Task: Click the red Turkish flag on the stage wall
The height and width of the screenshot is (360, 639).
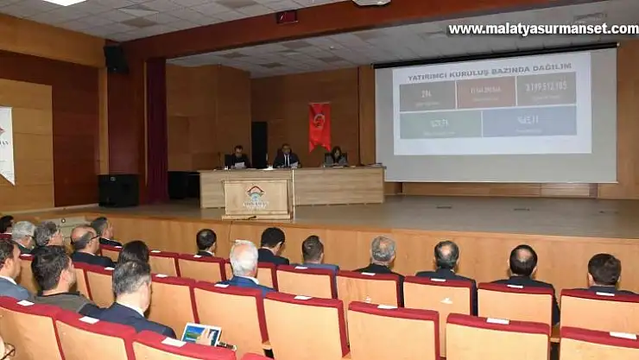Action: [319, 126]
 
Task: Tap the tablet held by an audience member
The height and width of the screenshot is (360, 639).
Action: [201, 333]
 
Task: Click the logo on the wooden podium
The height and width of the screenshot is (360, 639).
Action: [256, 196]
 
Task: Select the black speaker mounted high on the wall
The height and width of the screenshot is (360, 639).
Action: [115, 59]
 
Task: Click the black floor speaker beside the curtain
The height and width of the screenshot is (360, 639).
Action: [117, 190]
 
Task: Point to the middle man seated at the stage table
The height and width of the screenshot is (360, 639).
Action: [286, 157]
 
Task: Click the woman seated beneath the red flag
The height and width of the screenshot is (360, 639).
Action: [336, 157]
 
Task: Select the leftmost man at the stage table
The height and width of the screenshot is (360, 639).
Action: [237, 158]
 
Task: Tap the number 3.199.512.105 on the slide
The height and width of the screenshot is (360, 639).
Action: [547, 86]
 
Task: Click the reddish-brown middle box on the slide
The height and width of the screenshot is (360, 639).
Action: [485, 92]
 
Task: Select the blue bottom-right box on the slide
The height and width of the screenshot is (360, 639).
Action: [528, 122]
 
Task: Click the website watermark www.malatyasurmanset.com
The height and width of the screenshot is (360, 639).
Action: [542, 29]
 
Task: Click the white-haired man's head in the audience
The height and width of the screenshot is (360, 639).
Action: [244, 257]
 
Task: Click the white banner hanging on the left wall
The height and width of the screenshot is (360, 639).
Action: [6, 144]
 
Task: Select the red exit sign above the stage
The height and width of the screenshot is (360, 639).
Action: [287, 16]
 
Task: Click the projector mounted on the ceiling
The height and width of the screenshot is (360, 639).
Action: [371, 3]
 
